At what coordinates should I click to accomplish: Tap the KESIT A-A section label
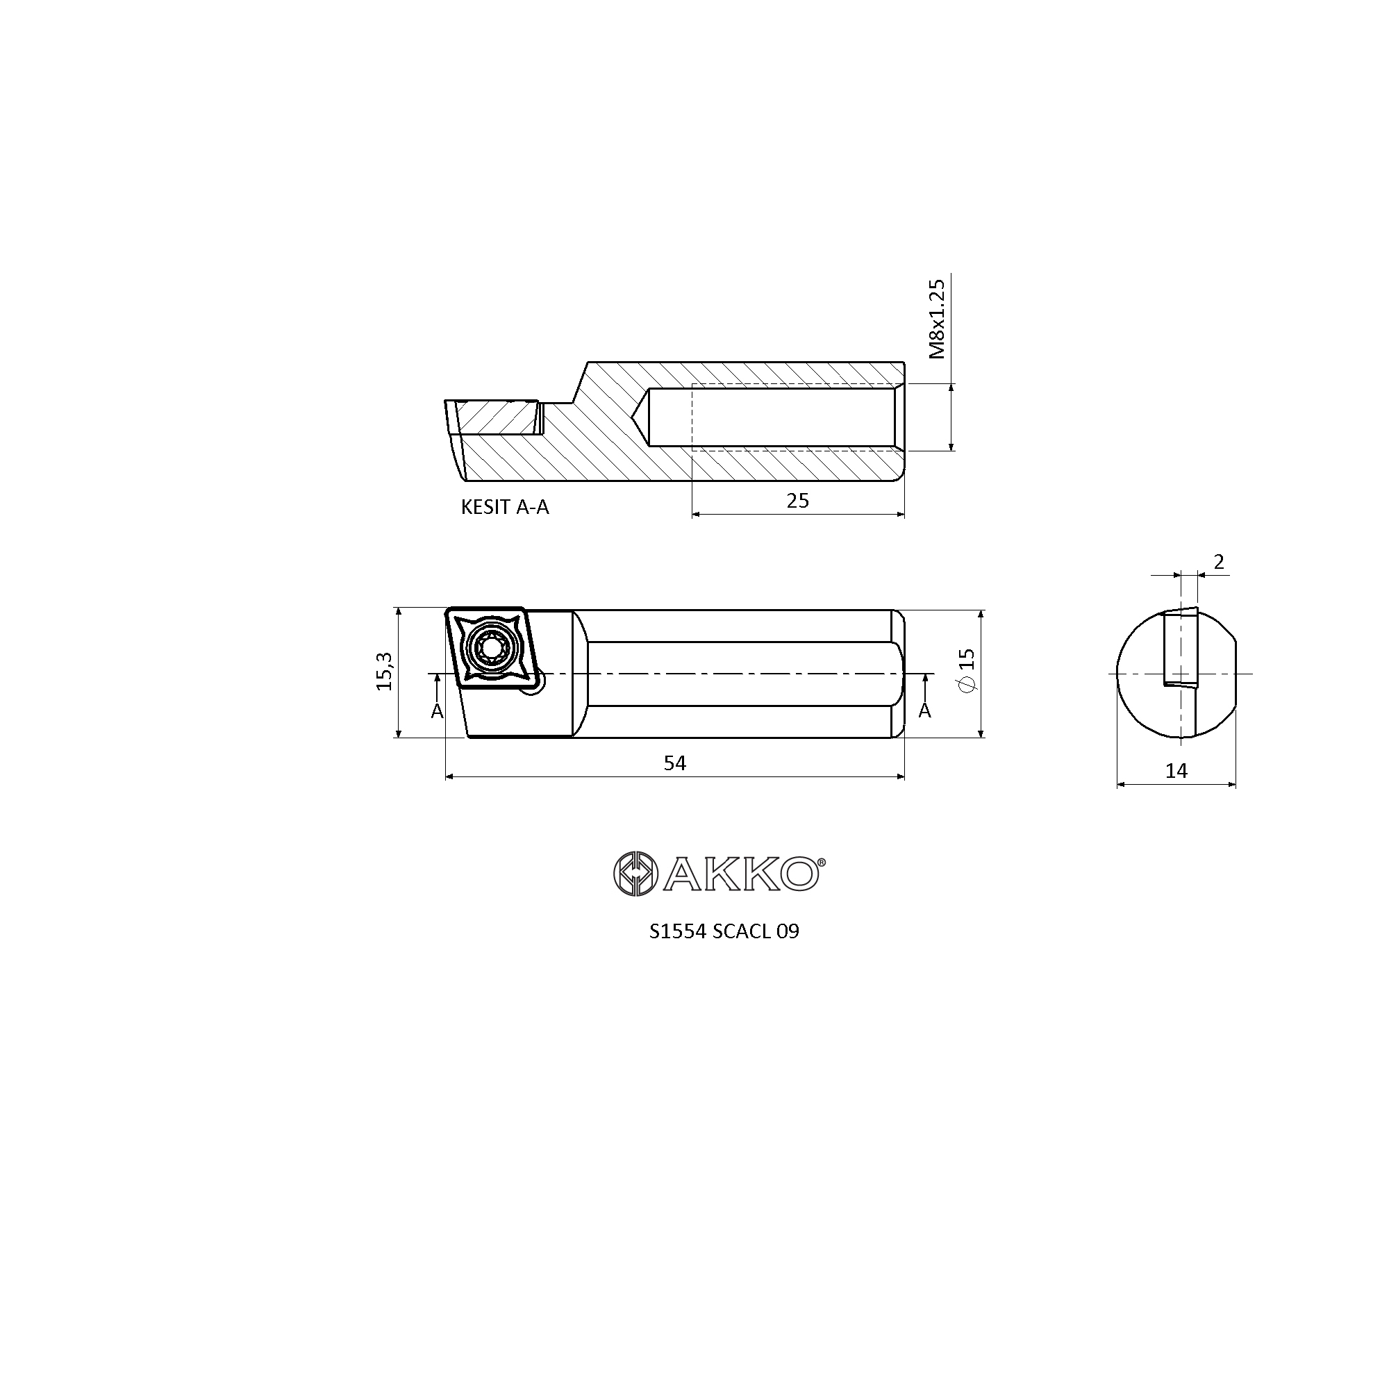(505, 508)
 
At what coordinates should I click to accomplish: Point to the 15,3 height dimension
(385, 671)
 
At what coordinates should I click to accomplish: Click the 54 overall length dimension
(674, 763)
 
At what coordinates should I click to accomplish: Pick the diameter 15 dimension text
(967, 670)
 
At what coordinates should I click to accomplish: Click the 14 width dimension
(1176, 771)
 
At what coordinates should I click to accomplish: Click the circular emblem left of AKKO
(635, 874)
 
